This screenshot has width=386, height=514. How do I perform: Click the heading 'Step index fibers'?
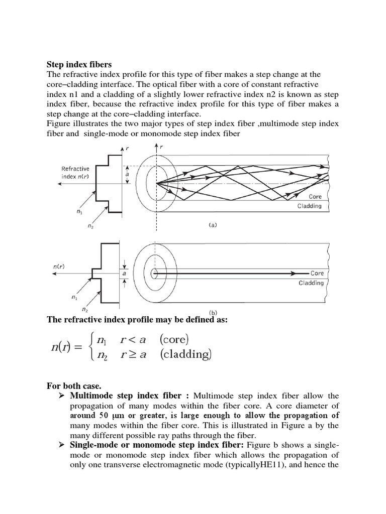(79, 64)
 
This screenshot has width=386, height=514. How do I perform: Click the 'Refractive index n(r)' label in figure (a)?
(76, 173)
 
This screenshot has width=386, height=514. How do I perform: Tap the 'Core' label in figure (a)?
(315, 197)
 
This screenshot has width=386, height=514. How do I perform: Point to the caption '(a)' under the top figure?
(213, 225)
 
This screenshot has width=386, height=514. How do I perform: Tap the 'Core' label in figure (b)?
(317, 273)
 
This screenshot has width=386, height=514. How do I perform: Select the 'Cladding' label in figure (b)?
(311, 283)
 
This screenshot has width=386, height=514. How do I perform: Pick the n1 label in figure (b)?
(75, 298)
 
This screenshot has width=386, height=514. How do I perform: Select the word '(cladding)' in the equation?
(186, 355)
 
